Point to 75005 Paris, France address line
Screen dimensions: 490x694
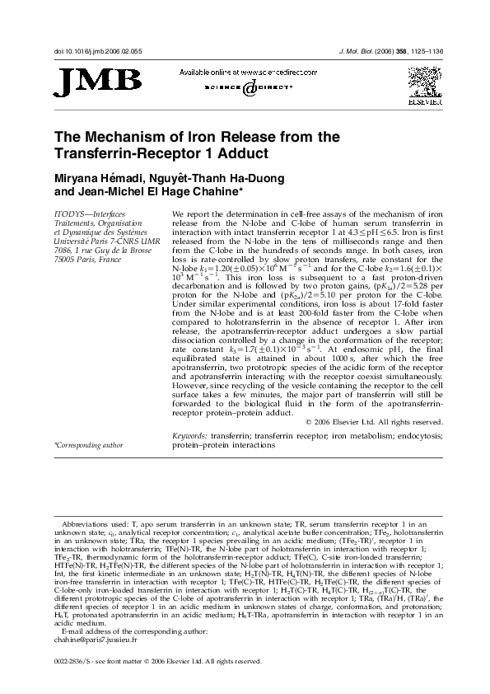88,259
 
